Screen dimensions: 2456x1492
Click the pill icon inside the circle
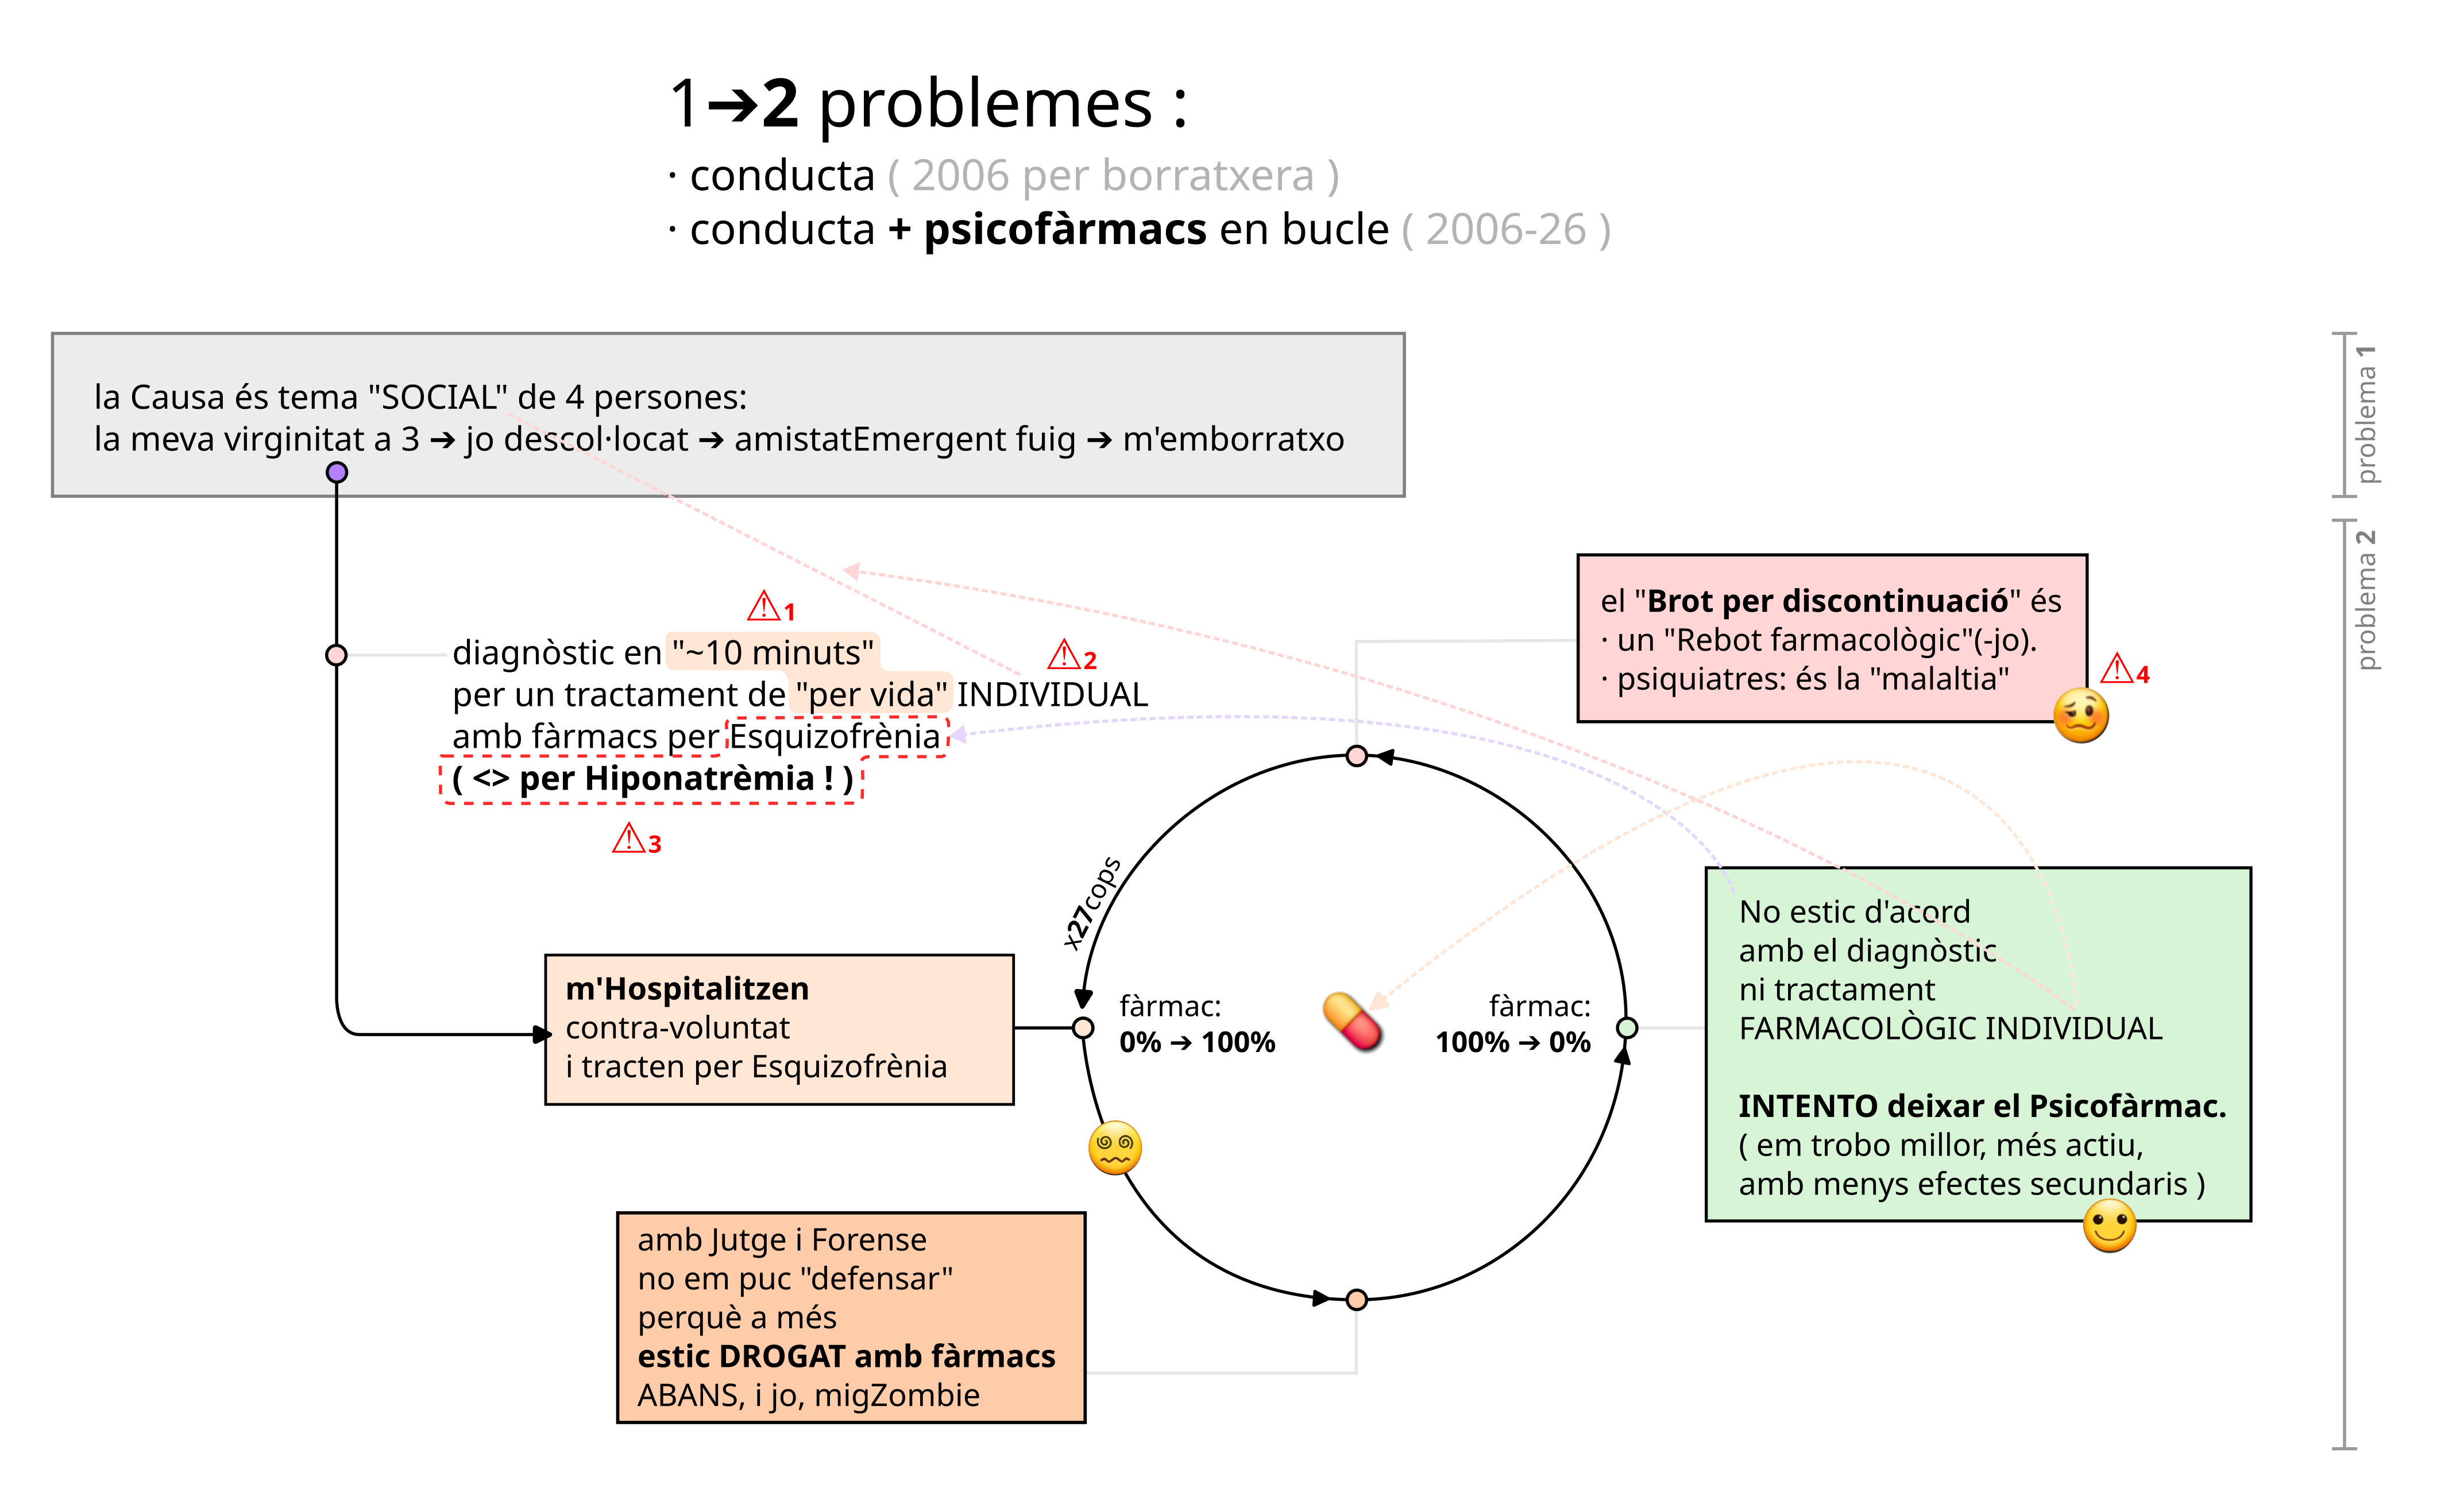point(1353,1022)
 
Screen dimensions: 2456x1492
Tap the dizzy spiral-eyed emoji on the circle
point(1114,1148)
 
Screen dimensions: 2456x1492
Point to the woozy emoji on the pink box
point(2081,716)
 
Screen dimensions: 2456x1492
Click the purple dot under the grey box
point(337,473)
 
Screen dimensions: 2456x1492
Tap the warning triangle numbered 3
point(629,838)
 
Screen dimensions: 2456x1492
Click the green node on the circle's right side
point(1627,1027)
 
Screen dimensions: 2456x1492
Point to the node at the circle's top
point(1357,756)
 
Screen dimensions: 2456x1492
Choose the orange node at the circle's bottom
point(1357,1300)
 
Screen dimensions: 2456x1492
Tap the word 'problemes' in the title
point(986,103)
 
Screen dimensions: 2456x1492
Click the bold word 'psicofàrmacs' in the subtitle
point(1065,230)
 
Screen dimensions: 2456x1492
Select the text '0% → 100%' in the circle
point(1197,1042)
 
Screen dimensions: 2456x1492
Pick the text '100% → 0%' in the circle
point(1513,1042)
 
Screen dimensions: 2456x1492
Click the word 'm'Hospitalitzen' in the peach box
point(688,989)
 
